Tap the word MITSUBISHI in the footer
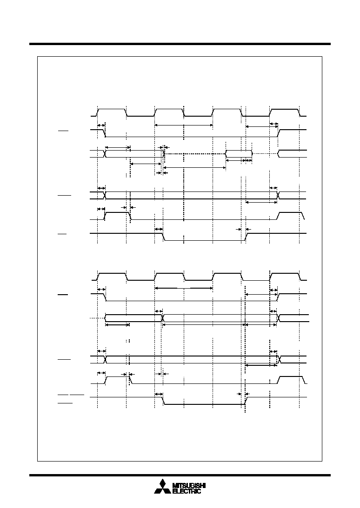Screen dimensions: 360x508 189,485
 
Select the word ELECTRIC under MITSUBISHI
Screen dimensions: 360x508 186,491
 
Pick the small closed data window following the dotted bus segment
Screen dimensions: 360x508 239,154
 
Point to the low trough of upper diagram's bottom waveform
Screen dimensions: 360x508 204,240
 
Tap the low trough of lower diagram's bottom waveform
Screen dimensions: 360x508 204,404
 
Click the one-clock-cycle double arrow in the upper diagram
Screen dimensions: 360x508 184,125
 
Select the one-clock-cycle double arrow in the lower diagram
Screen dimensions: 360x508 184,288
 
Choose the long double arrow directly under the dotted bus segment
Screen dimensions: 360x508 194,167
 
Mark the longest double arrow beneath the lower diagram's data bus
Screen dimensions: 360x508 204,324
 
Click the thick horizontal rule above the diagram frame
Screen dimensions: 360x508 180,44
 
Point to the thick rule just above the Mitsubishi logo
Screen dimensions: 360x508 180,475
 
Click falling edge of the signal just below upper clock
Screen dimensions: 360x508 105,133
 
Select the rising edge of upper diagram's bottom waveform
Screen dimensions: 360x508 246,237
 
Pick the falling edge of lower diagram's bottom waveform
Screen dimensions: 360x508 163,401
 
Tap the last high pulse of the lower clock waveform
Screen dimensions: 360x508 285,277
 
